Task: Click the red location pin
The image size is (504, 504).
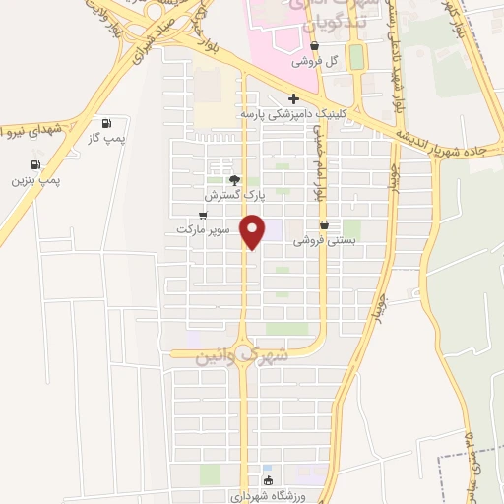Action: pos(254,229)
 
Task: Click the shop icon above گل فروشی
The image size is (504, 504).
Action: pos(314,45)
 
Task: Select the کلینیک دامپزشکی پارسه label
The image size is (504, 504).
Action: pos(294,114)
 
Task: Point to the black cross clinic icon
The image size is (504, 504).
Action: pos(293,99)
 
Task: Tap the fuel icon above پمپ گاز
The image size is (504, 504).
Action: pos(105,124)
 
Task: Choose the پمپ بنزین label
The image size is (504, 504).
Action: pos(35,180)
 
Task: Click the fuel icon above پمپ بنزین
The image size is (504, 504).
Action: pos(36,164)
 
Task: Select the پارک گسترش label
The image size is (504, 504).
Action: pos(233,195)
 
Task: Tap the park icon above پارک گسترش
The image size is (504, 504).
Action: pos(233,180)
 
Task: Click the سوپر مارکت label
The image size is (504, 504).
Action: pos(203,229)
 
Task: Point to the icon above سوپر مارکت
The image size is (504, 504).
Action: pos(203,215)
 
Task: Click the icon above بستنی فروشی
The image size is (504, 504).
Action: pos(325,224)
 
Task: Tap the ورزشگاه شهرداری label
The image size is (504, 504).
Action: pos(270,495)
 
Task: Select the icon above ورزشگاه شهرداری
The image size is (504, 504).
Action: pos(270,480)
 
